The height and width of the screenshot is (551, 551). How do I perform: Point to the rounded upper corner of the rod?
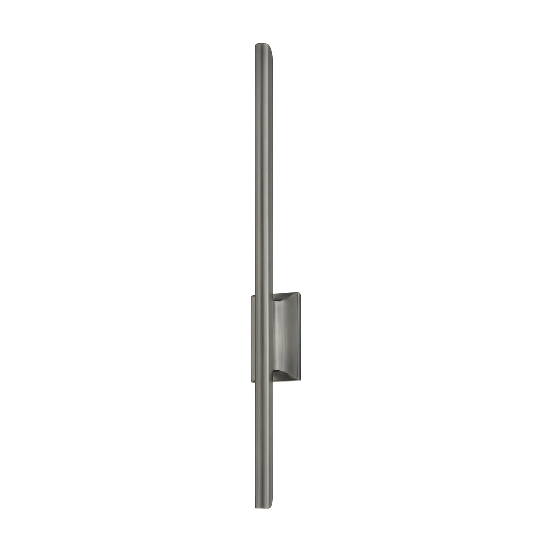click(x=271, y=48)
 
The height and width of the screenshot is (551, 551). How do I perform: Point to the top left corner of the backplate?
click(x=251, y=297)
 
